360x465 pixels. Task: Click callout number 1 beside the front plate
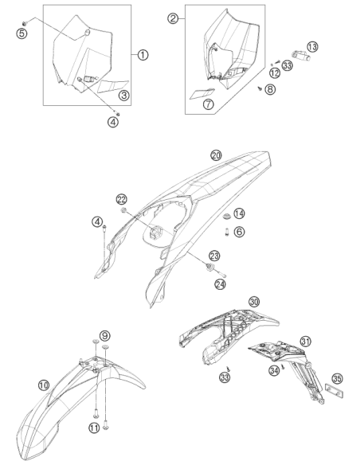point(143,55)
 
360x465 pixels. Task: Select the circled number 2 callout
point(173,18)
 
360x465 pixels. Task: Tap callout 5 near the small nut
point(22,33)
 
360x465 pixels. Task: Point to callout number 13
point(312,46)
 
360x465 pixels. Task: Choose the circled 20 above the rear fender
point(216,155)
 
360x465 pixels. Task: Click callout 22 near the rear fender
point(122,200)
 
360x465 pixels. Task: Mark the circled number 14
point(239,213)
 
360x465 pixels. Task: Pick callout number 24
point(221,284)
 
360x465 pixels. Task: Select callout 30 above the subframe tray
point(254,302)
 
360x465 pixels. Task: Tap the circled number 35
point(337,379)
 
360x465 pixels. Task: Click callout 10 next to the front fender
point(44,385)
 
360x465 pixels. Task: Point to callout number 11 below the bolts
point(94,428)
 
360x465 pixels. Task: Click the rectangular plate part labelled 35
point(335,392)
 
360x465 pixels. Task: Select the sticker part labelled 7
point(202,93)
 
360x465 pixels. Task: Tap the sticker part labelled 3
point(113,86)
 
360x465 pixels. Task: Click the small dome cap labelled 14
point(227,217)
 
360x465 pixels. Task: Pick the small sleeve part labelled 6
point(227,232)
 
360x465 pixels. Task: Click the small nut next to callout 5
point(25,23)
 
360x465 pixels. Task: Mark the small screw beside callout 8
point(260,88)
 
